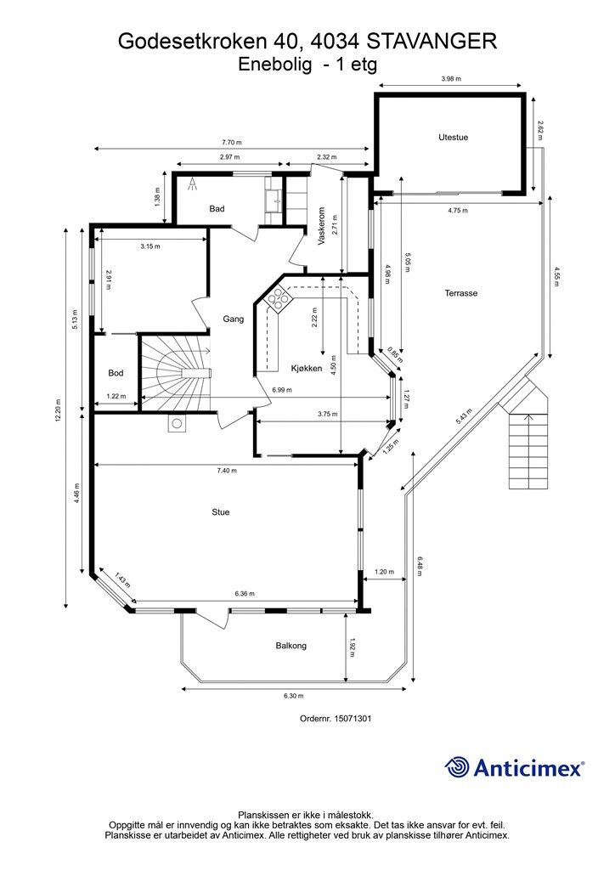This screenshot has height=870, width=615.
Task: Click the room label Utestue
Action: point(453,137)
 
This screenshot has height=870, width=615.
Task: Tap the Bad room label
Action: point(217,208)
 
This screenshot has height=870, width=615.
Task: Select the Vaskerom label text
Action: point(323,227)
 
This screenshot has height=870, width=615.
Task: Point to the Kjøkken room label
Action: point(306,368)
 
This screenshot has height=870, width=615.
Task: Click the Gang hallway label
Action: point(234,319)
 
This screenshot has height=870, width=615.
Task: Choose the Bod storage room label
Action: point(116,373)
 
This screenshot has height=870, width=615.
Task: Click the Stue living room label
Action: point(221,512)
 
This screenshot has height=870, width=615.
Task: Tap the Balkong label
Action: point(291,646)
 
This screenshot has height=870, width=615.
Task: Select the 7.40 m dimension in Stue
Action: point(226,470)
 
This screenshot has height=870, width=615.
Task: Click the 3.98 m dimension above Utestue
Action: point(451,79)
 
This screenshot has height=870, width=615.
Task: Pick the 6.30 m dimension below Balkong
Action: point(294,696)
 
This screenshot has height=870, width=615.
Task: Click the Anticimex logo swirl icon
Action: point(457,767)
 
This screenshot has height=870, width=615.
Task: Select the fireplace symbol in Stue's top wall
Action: point(177,424)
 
